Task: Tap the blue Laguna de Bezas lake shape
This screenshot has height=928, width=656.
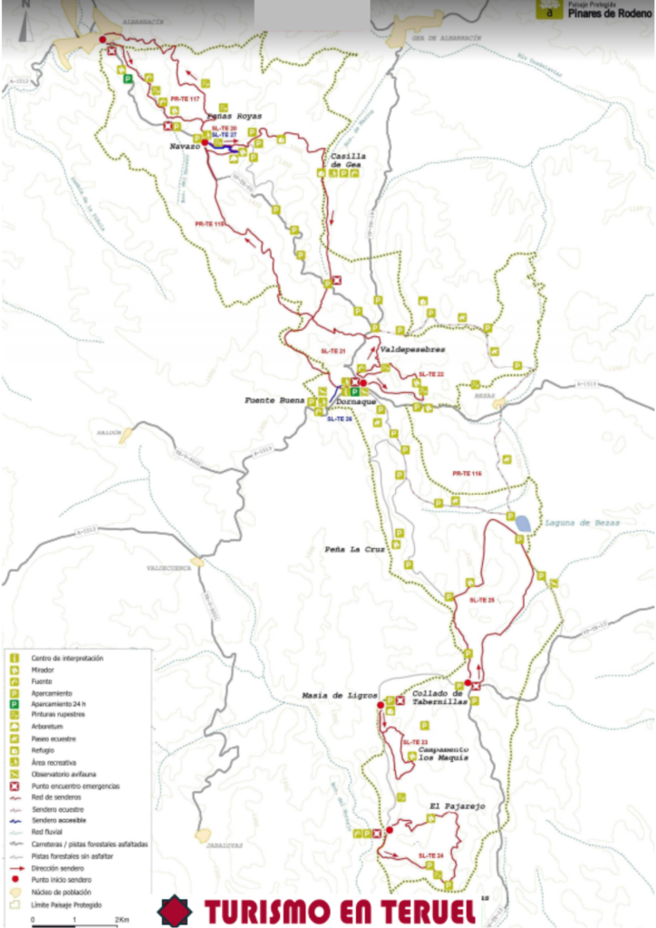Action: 523,522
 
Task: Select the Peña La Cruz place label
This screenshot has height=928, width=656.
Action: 356,549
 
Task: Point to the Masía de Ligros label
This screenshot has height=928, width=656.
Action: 340,695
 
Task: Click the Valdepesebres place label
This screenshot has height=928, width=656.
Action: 413,348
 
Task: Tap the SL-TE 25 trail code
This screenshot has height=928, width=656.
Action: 482,599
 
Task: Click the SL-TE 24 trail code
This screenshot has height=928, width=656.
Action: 432,855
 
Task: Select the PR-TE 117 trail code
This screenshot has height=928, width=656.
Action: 185,97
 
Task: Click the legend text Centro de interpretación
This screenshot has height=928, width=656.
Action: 67,658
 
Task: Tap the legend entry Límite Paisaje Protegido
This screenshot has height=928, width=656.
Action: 69,904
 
